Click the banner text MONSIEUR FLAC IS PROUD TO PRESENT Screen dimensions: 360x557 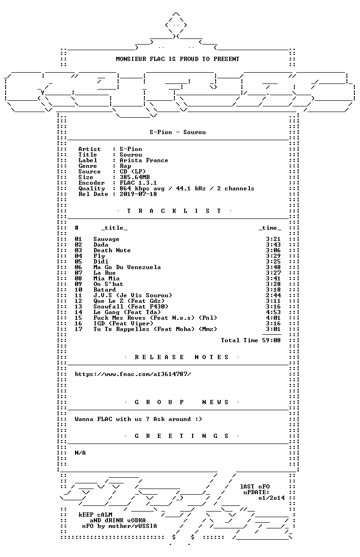(178, 59)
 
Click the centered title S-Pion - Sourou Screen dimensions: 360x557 (178, 132)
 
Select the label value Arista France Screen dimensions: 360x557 (144, 160)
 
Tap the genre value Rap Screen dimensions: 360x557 (125, 166)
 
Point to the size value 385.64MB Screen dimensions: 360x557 (135, 177)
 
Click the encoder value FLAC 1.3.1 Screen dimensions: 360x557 (138, 183)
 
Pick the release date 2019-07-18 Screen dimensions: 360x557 (138, 194)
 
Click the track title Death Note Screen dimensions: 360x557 (112, 250)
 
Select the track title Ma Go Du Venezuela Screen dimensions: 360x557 (127, 267)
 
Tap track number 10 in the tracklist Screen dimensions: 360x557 (78, 290)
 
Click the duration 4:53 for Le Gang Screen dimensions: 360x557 (273, 312)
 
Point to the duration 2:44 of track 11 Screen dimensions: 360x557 (273, 295)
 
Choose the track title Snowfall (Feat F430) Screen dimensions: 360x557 (131, 307)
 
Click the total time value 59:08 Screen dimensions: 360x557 (271, 340)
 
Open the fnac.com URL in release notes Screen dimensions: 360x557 (133, 374)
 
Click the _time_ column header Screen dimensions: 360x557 (270, 228)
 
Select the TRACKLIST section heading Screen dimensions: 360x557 (174, 211)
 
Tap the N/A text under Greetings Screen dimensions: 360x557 (80, 453)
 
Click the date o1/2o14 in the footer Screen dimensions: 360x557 (271, 498)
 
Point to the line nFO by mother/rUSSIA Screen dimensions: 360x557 (119, 526)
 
